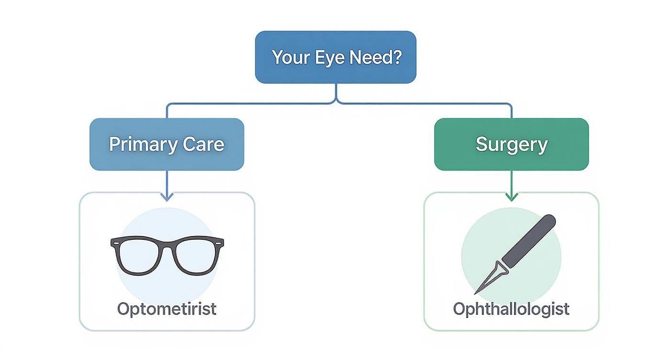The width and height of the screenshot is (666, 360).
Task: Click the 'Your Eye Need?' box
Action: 335,57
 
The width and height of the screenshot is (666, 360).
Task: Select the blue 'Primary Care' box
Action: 166,144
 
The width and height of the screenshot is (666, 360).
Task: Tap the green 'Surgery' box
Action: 511,144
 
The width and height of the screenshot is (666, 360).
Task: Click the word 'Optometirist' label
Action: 166,309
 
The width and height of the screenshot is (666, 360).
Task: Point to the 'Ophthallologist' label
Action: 511,309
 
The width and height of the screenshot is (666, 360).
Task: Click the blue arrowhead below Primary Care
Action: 166,196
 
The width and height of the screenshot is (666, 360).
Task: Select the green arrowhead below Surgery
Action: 511,196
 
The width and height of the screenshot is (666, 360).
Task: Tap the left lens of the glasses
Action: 140,256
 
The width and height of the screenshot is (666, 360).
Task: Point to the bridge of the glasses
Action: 167,243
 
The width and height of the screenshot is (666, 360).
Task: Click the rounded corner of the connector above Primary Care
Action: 168,104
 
